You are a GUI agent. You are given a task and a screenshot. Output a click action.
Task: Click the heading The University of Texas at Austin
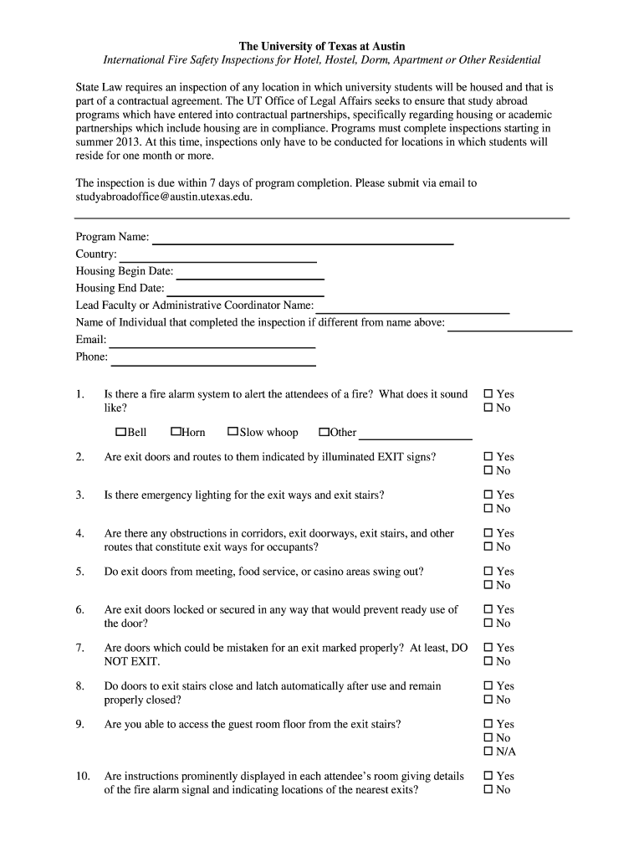322,46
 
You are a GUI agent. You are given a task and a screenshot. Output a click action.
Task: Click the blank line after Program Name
302,242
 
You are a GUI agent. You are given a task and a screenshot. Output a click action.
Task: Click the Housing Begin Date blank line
250,277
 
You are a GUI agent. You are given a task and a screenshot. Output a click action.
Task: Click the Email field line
212,346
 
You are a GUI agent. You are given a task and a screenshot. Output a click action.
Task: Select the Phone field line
213,363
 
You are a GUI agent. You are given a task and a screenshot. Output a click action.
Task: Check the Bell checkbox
120,432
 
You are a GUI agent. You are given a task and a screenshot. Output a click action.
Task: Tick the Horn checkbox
176,432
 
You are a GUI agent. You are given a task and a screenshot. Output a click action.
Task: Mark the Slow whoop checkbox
233,432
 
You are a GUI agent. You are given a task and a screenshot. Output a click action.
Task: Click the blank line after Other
415,438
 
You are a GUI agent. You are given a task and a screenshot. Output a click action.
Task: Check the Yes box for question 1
488,394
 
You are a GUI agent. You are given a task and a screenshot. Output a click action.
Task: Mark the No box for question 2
488,470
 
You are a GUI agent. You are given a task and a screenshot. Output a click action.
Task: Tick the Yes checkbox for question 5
488,572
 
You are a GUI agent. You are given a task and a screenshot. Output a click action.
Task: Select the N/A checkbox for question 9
488,752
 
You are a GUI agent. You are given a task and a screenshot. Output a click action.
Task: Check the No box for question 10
488,790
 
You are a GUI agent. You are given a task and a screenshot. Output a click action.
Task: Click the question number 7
79,648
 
